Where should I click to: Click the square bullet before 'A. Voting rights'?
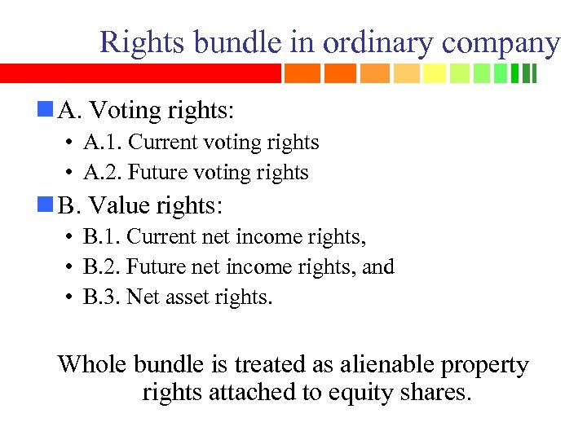[45, 107]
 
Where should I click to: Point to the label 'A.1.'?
[103, 143]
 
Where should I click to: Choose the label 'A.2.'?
[103, 173]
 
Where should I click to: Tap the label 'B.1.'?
[102, 237]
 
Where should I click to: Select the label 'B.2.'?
[102, 267]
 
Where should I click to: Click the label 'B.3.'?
[102, 297]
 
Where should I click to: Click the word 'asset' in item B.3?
[188, 297]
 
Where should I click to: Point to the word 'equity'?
[362, 394]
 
